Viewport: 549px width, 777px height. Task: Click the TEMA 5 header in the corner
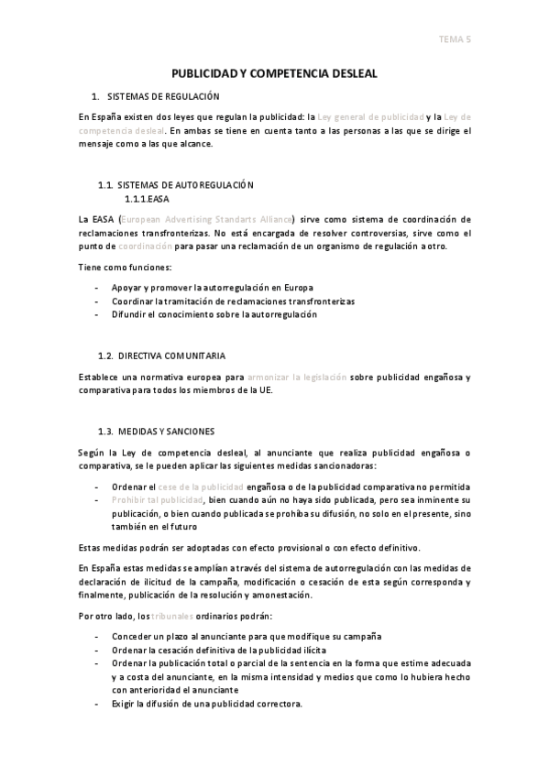click(x=455, y=38)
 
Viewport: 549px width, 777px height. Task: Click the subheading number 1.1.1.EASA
click(x=147, y=198)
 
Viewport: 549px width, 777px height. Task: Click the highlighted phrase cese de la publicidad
click(x=200, y=487)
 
